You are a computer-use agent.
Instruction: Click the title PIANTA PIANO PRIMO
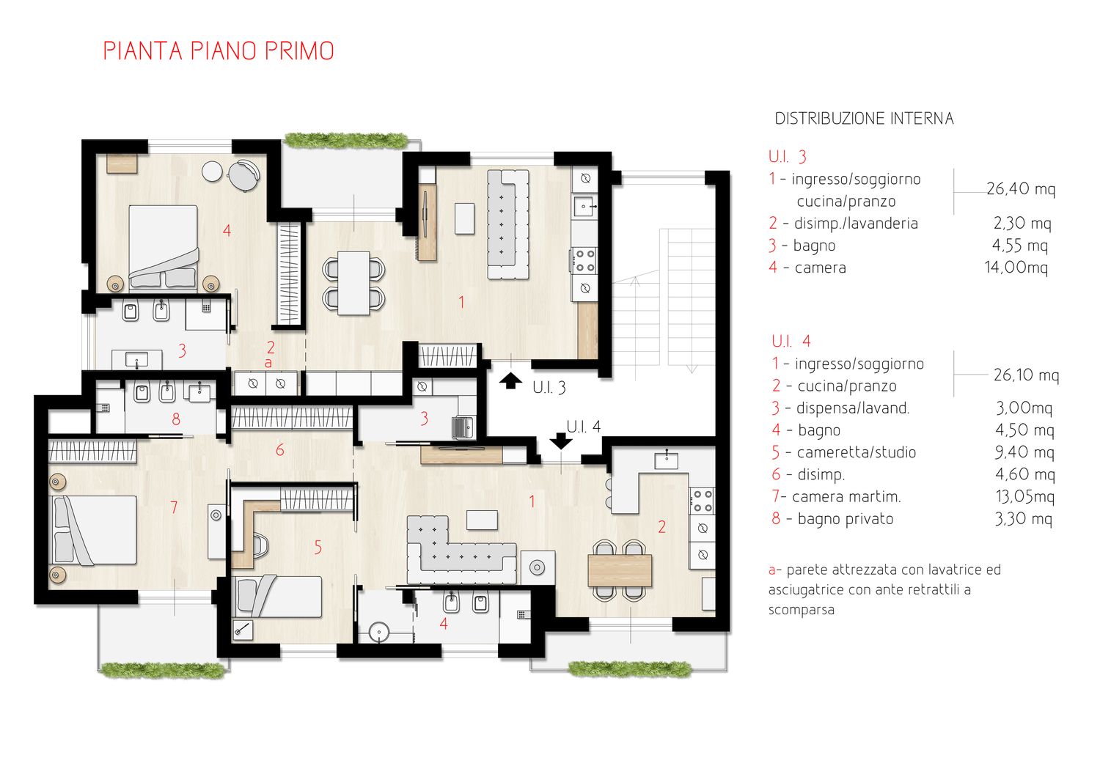pos(219,51)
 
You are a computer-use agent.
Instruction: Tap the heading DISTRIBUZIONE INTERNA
pos(864,119)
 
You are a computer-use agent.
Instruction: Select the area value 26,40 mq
pos(1021,189)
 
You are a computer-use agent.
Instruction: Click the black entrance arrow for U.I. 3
pos(510,380)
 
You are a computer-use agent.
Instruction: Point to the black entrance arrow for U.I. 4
pos(561,441)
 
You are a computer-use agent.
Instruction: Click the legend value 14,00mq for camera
pos(1016,268)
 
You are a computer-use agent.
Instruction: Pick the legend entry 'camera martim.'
pos(846,497)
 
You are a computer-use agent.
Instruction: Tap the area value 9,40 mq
pos(1024,452)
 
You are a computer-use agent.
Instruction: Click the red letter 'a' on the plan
pos(268,364)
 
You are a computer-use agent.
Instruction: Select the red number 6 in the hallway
pos(280,449)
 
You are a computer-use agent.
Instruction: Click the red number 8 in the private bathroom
pos(176,419)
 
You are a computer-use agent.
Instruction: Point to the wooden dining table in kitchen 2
pos(620,570)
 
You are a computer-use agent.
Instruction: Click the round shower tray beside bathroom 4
pos(378,631)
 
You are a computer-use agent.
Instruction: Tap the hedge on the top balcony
pos(345,141)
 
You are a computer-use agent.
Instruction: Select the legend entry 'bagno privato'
pos(845,519)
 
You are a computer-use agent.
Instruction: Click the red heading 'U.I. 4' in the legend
pos(791,341)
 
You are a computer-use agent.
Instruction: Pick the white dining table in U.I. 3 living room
pos(353,283)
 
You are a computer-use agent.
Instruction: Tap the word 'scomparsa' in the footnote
pos(802,610)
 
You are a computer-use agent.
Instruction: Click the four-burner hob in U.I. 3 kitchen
pos(584,261)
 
